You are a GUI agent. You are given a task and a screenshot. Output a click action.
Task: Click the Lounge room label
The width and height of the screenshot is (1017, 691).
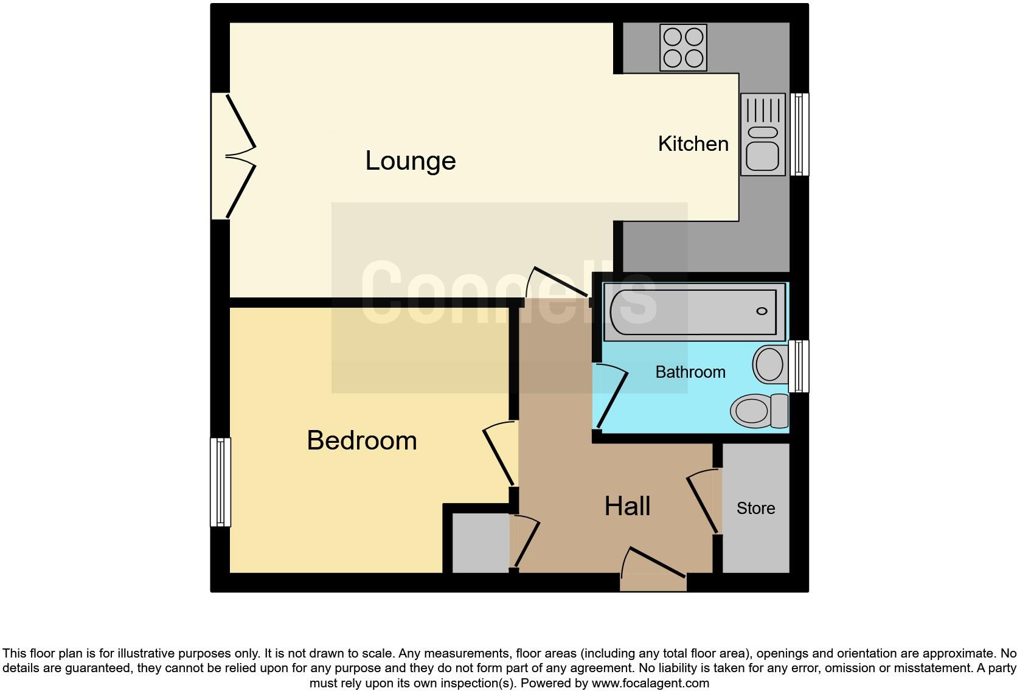tap(411, 161)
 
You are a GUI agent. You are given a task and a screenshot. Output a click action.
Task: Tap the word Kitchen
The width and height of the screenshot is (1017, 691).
tap(693, 144)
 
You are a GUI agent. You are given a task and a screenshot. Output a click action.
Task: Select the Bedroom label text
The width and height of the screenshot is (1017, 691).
tap(362, 440)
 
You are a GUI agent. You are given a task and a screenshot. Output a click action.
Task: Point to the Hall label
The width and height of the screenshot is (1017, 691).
tap(627, 506)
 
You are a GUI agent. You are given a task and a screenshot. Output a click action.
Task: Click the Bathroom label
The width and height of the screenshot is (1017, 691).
tap(690, 372)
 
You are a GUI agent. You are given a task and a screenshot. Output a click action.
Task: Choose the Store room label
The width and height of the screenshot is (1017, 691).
tap(755, 509)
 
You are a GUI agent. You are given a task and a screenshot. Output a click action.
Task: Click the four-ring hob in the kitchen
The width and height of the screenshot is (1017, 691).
tap(683, 48)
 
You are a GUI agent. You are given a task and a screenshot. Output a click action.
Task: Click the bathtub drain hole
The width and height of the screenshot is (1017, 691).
tap(762, 311)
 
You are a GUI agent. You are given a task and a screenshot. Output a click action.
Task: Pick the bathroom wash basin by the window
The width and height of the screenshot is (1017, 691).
tap(769, 364)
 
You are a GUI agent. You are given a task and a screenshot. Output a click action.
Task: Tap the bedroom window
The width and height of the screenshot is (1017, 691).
tap(220, 482)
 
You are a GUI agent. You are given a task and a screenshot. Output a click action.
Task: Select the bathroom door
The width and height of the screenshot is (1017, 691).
tap(611, 396)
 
